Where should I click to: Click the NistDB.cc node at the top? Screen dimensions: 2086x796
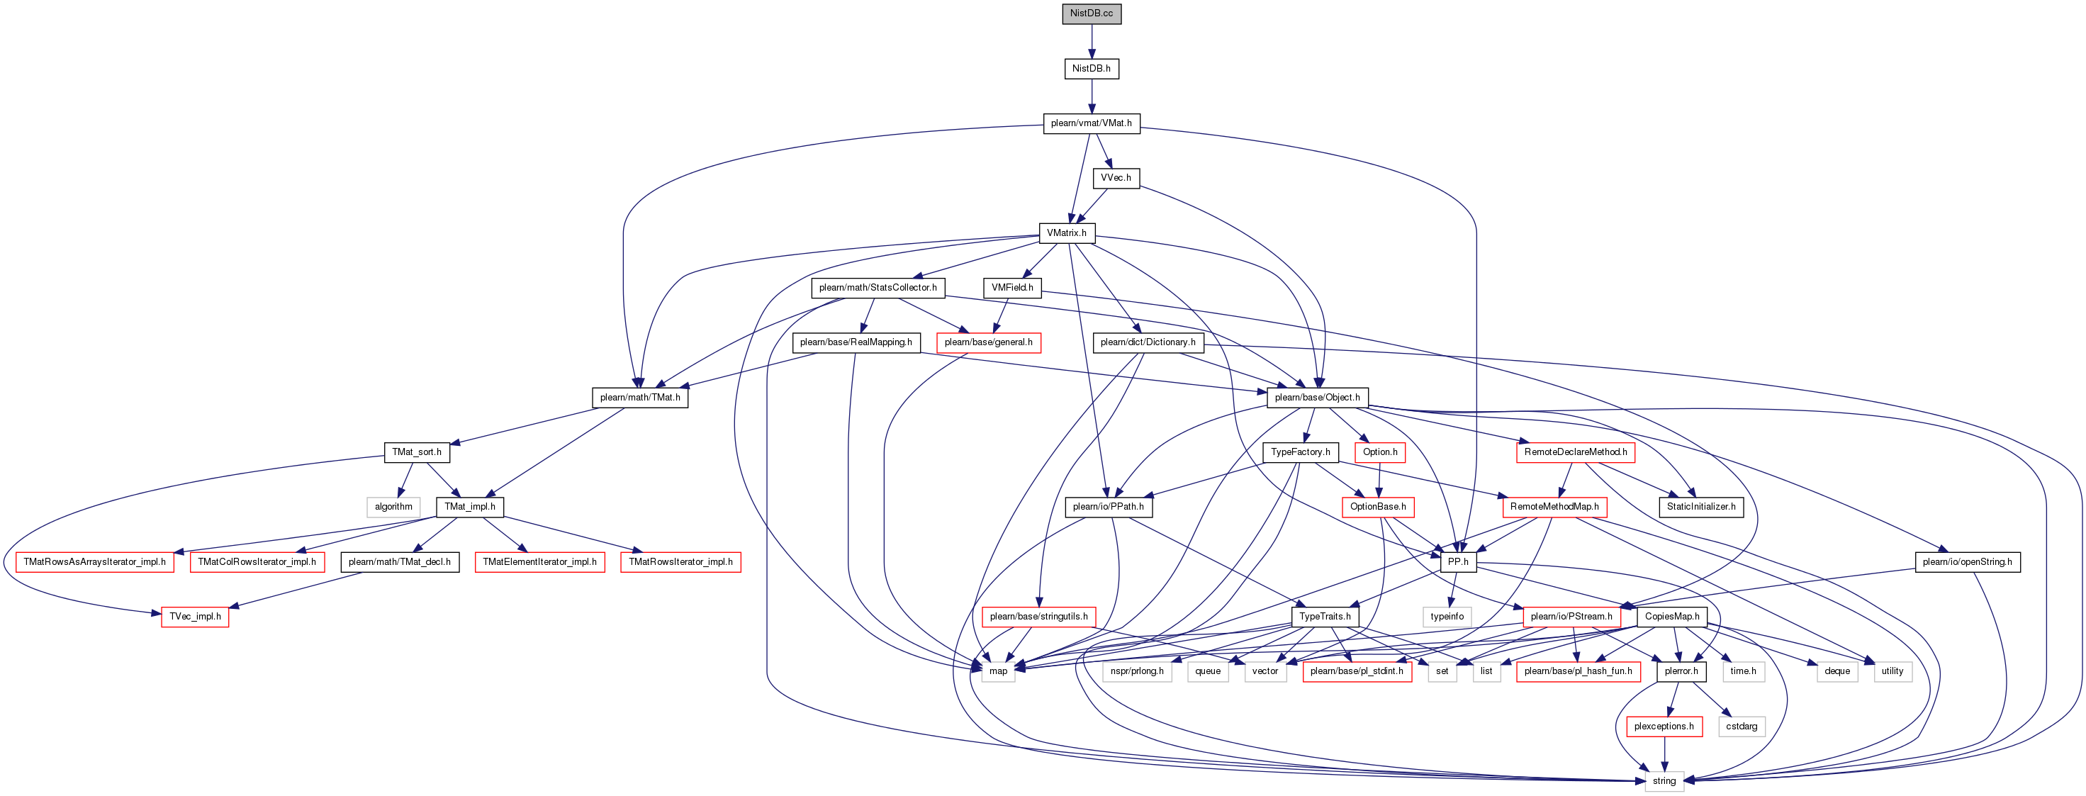coord(1092,13)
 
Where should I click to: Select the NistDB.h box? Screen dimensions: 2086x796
coord(1092,69)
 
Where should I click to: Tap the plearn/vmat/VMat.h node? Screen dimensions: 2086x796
coord(1092,123)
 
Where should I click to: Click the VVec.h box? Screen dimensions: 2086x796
coord(1116,178)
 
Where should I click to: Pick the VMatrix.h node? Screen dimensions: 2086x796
coord(1067,233)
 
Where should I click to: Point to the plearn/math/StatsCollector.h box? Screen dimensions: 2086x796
coord(877,288)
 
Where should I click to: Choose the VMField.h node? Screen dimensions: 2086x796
coord(1012,288)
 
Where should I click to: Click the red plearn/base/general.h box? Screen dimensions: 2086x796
coord(989,342)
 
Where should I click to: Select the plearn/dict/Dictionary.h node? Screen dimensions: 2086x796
coord(1148,342)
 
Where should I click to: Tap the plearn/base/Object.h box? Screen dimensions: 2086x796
coord(1318,398)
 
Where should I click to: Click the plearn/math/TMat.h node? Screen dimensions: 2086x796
coord(640,398)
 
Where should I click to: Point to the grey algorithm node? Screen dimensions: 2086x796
coord(393,507)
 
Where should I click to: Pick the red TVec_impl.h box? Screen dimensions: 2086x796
coord(195,617)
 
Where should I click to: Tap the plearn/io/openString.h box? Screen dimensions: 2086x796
coord(1968,562)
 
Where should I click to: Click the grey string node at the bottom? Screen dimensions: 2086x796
coord(1664,781)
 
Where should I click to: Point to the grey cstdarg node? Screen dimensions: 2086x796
coord(1741,727)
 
